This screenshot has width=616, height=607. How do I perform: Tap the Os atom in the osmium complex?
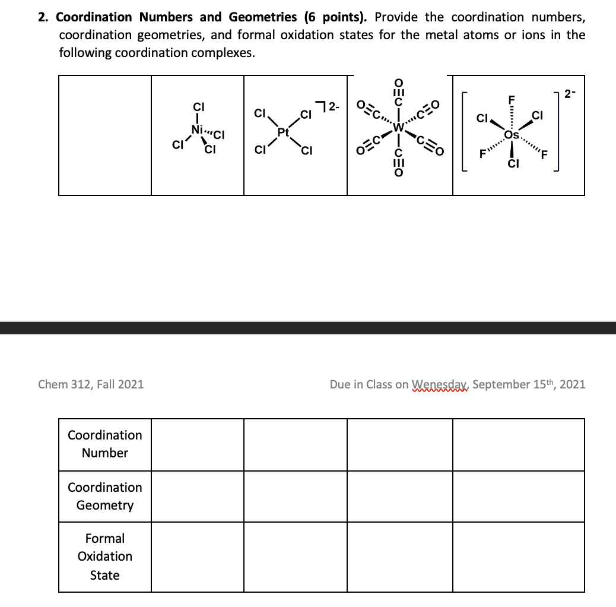click(x=510, y=135)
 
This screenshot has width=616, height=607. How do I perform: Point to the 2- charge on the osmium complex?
click(x=570, y=93)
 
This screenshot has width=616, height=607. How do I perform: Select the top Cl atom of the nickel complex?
click(x=198, y=108)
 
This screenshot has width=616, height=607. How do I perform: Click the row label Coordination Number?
click(x=105, y=444)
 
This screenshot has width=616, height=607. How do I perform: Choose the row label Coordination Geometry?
click(x=105, y=496)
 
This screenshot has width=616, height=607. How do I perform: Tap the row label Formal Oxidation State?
click(x=105, y=557)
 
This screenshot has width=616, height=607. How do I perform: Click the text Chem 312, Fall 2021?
click(x=91, y=384)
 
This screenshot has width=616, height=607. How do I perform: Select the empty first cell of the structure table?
click(x=105, y=135)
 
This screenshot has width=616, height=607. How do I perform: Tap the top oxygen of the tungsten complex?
click(x=398, y=81)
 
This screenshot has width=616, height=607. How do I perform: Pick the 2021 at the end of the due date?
click(x=572, y=384)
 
